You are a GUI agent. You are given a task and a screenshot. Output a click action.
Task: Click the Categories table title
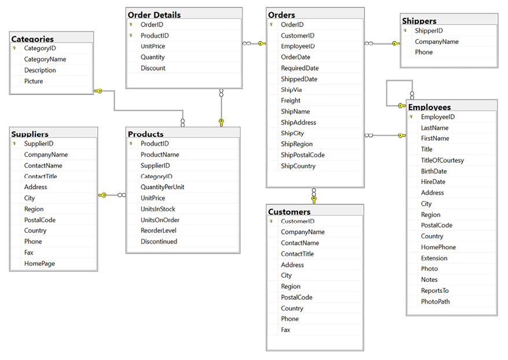click(32, 39)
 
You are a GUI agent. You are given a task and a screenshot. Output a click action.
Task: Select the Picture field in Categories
click(34, 81)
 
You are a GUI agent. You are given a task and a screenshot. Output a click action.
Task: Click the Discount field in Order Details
click(153, 68)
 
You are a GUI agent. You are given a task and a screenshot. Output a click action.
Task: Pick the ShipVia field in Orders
click(291, 90)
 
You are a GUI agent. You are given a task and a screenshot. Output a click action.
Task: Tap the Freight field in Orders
click(290, 101)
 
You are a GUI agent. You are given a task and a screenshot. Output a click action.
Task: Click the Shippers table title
click(419, 21)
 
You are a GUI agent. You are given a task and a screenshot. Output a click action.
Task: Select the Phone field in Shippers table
click(424, 52)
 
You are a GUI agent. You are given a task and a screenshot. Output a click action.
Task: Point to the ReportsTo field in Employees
click(435, 291)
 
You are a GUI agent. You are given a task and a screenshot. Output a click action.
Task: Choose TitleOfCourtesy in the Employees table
click(442, 160)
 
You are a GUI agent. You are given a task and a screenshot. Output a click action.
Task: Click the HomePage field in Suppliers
click(39, 263)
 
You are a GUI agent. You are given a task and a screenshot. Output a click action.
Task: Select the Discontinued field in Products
click(159, 241)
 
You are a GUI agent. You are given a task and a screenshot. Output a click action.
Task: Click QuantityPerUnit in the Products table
click(162, 187)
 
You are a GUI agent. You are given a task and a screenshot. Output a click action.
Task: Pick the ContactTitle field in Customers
click(297, 254)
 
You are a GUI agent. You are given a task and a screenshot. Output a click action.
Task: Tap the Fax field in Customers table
click(285, 330)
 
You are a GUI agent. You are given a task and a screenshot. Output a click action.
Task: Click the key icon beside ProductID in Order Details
click(131, 36)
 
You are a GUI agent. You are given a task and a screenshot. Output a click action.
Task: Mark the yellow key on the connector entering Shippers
click(395, 43)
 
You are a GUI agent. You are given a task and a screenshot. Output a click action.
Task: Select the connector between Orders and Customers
click(314, 196)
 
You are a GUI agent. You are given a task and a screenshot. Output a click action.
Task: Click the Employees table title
click(429, 107)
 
